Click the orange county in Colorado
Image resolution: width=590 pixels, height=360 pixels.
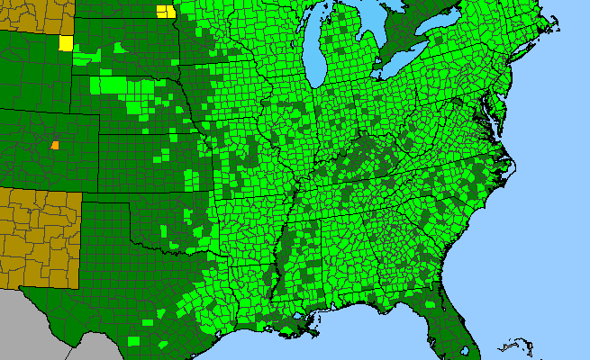[x=55, y=144]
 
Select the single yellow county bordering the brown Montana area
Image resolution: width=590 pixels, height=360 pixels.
[x=66, y=43]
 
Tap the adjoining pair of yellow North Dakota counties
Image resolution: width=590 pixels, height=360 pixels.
[x=166, y=12]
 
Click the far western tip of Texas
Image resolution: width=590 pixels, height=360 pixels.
[x=25, y=290]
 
